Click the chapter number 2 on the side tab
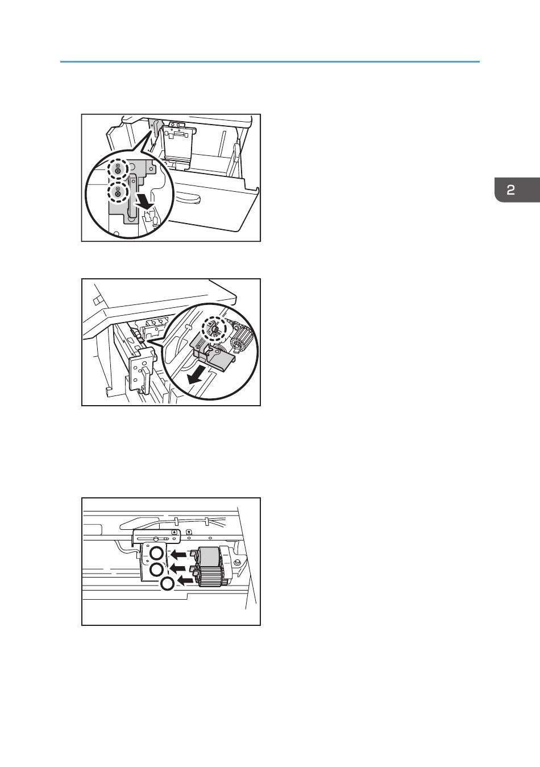point(510,190)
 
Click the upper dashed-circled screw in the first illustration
point(118,168)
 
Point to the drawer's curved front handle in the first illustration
point(188,199)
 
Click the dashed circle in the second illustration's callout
point(214,329)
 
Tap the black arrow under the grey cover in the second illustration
point(198,375)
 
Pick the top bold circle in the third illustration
point(157,553)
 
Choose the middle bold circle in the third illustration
point(157,570)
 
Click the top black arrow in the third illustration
point(178,554)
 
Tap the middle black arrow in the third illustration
point(178,569)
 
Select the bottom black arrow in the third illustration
point(185,580)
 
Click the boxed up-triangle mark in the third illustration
point(175,532)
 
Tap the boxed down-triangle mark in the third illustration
point(189,532)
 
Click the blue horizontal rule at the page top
point(270,61)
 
